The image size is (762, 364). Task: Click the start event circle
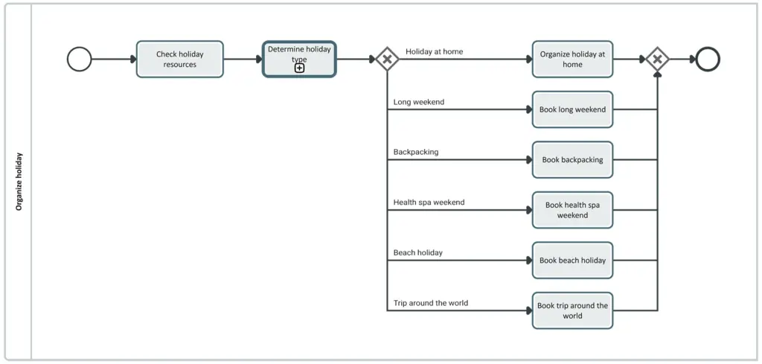click(x=80, y=59)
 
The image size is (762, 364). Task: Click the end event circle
click(x=708, y=59)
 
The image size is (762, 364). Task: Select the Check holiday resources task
click(x=179, y=59)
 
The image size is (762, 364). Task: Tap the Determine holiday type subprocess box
click(x=299, y=54)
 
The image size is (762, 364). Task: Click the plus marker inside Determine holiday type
click(x=299, y=68)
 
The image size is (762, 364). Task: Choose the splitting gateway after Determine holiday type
click(x=387, y=59)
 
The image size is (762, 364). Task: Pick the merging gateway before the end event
click(x=657, y=59)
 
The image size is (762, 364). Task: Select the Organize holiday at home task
click(x=572, y=59)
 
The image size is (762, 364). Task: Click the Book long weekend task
click(x=572, y=109)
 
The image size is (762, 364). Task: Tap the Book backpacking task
click(x=572, y=159)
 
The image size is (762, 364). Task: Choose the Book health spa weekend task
click(x=572, y=210)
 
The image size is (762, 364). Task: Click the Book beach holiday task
click(x=572, y=261)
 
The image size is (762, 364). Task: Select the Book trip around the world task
click(x=572, y=310)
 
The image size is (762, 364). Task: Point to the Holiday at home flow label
click(x=434, y=51)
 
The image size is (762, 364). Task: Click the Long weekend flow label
click(x=419, y=102)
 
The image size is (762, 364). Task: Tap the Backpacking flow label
click(x=416, y=152)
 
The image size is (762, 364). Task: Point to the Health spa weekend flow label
click(x=429, y=202)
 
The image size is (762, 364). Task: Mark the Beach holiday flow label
click(x=418, y=252)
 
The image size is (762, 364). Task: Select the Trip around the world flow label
click(x=431, y=303)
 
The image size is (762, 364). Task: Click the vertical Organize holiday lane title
click(x=19, y=182)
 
